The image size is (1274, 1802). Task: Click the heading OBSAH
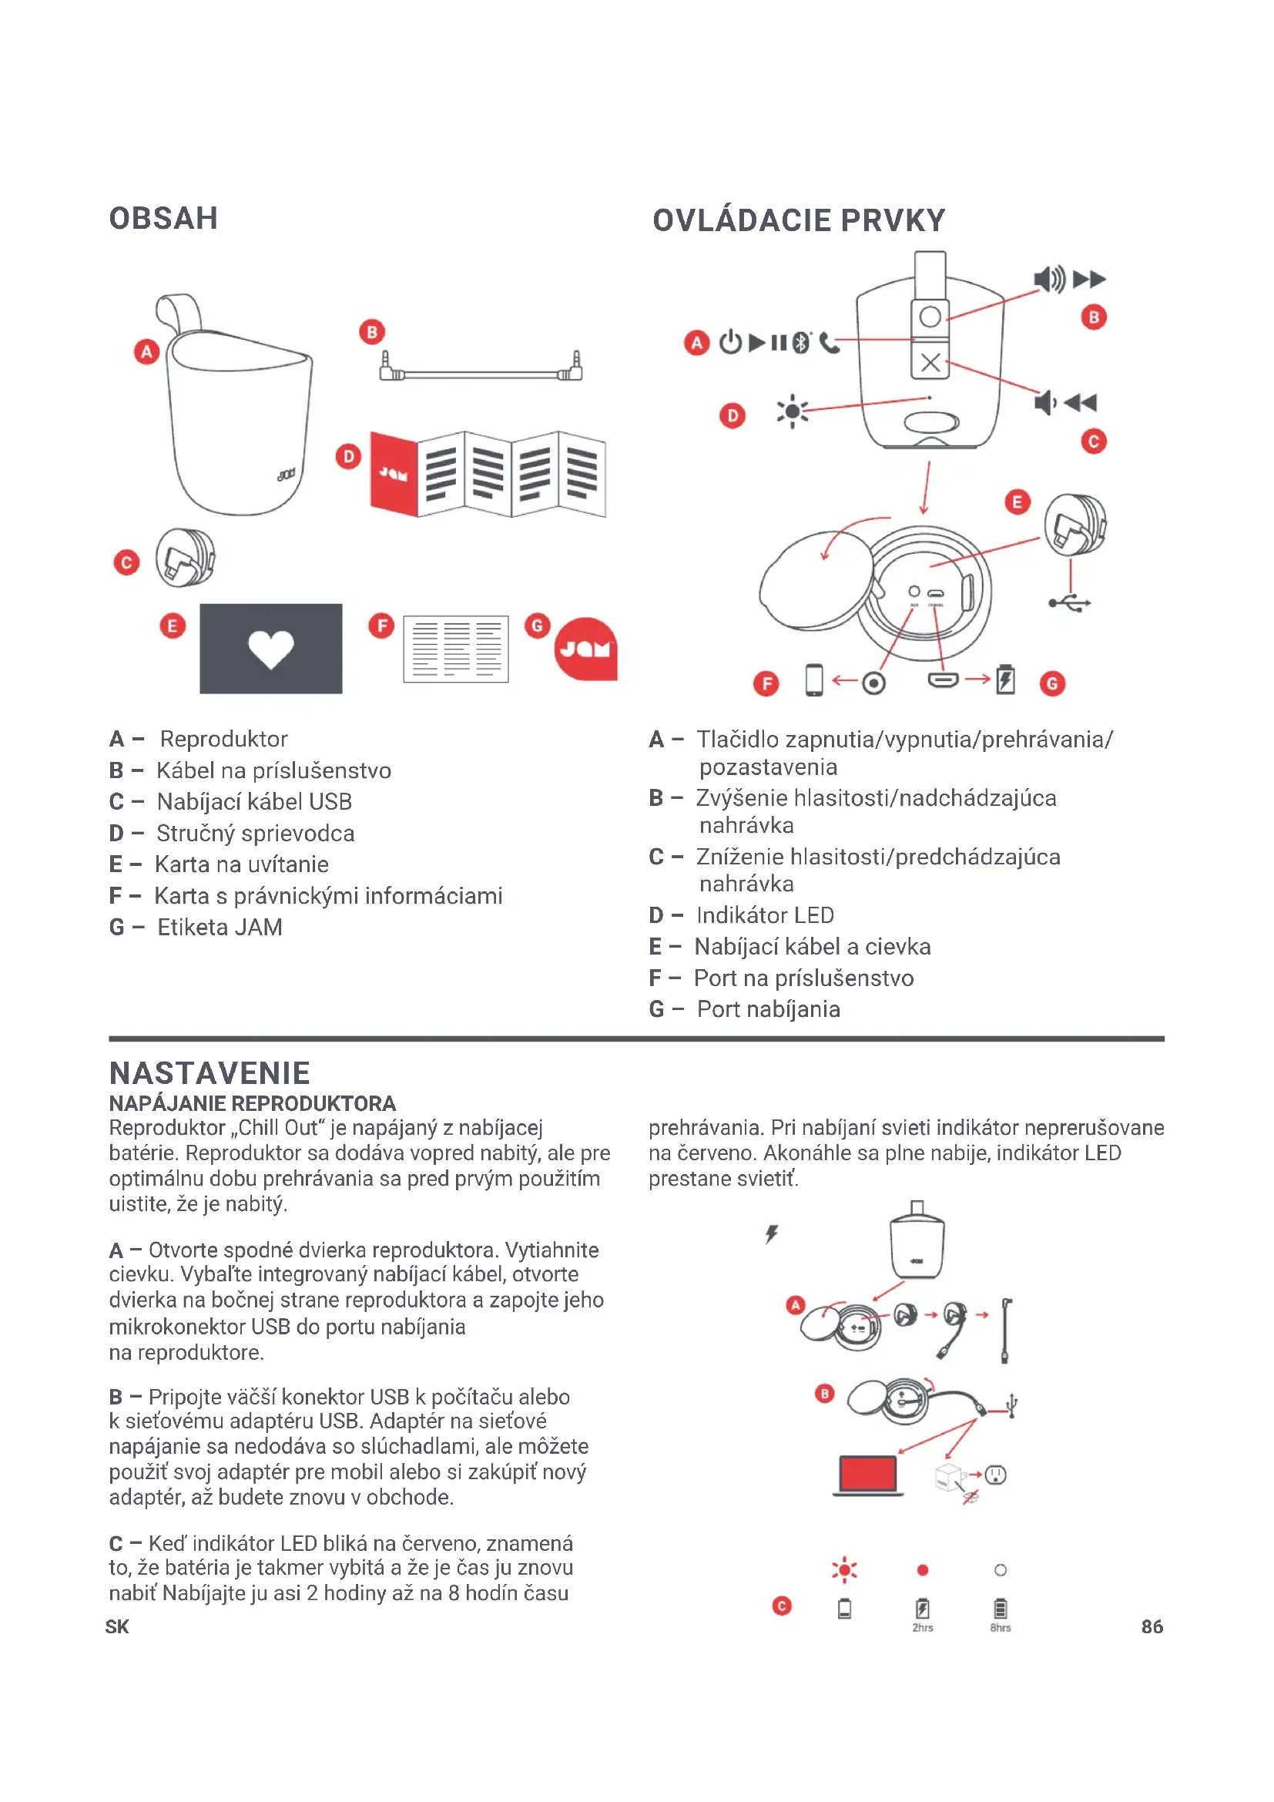163,218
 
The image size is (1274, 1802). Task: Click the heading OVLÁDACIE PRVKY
799,220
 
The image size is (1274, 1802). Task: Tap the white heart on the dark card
270,649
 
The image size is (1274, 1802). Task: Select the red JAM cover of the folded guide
394,473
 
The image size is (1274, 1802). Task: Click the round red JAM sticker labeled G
585,649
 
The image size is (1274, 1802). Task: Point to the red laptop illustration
867,1474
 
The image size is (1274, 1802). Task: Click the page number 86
1152,1627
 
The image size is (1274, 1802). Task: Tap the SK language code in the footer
117,1627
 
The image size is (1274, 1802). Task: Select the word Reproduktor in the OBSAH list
223,740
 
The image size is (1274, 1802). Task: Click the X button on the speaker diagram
930,363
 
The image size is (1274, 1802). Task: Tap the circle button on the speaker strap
930,317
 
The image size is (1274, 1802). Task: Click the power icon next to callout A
730,343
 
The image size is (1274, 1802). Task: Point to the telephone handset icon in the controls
829,343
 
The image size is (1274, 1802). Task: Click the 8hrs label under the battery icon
1001,1628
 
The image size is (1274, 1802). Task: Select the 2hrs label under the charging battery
923,1628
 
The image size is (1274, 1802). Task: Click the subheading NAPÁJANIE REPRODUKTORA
252,1103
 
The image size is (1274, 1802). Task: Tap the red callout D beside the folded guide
347,456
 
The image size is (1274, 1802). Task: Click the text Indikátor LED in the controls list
765,915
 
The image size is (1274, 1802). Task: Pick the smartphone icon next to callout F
814,680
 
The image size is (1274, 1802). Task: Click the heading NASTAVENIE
210,1073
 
